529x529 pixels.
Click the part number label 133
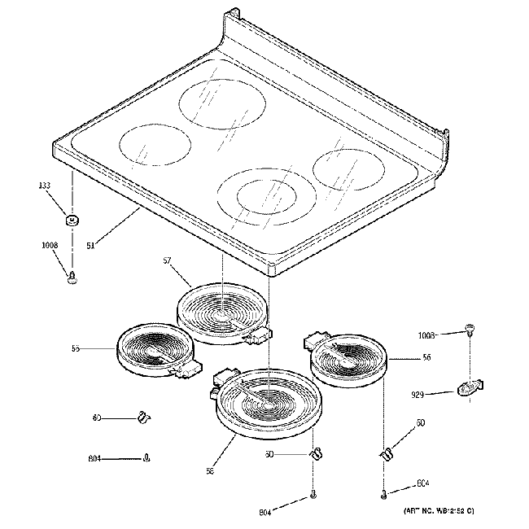tap(45, 186)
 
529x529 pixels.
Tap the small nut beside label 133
tap(72, 220)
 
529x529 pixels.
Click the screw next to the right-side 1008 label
tap(470, 329)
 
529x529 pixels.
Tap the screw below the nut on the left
tap(72, 278)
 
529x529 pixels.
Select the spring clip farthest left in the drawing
tap(143, 418)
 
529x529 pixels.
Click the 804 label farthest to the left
tap(95, 460)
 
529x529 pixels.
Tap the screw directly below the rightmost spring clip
tap(383, 492)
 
